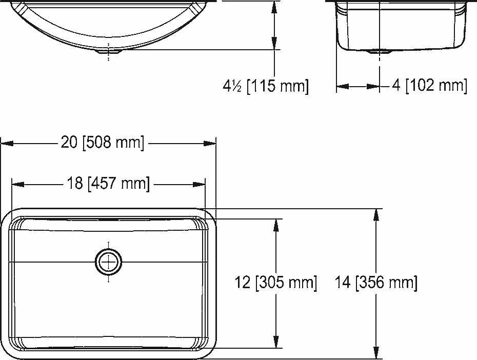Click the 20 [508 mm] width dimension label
(x=103, y=142)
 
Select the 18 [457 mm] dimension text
(x=108, y=183)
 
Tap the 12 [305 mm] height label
(x=276, y=282)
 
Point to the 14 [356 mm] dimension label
(x=376, y=282)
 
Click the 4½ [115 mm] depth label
(x=266, y=86)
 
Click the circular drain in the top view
(x=108, y=262)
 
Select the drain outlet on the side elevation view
(x=380, y=51)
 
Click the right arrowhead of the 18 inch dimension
(x=200, y=184)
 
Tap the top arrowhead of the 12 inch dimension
(x=276, y=225)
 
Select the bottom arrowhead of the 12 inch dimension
(x=276, y=342)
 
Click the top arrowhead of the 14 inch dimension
(x=378, y=214)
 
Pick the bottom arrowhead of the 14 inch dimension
(x=378, y=353)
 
